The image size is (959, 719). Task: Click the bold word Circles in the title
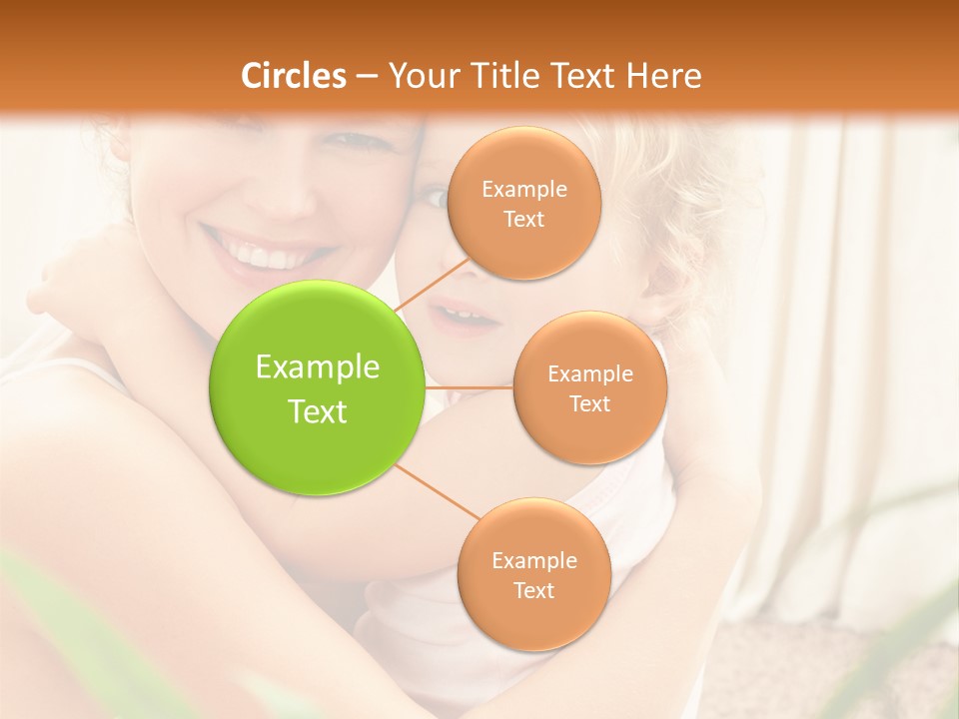point(294,76)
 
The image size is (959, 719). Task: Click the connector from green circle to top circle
point(433,285)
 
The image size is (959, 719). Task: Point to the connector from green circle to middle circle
point(470,386)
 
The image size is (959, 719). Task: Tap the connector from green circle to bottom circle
point(436,493)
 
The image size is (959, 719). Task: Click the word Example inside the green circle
point(318,367)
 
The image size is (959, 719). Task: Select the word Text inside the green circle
point(318,411)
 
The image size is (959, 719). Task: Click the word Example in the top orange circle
point(523,190)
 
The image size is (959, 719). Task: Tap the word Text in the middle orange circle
point(590,403)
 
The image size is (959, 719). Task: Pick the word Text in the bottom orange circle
point(533,590)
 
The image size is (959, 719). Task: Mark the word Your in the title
point(418,76)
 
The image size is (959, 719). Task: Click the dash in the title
point(366,76)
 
